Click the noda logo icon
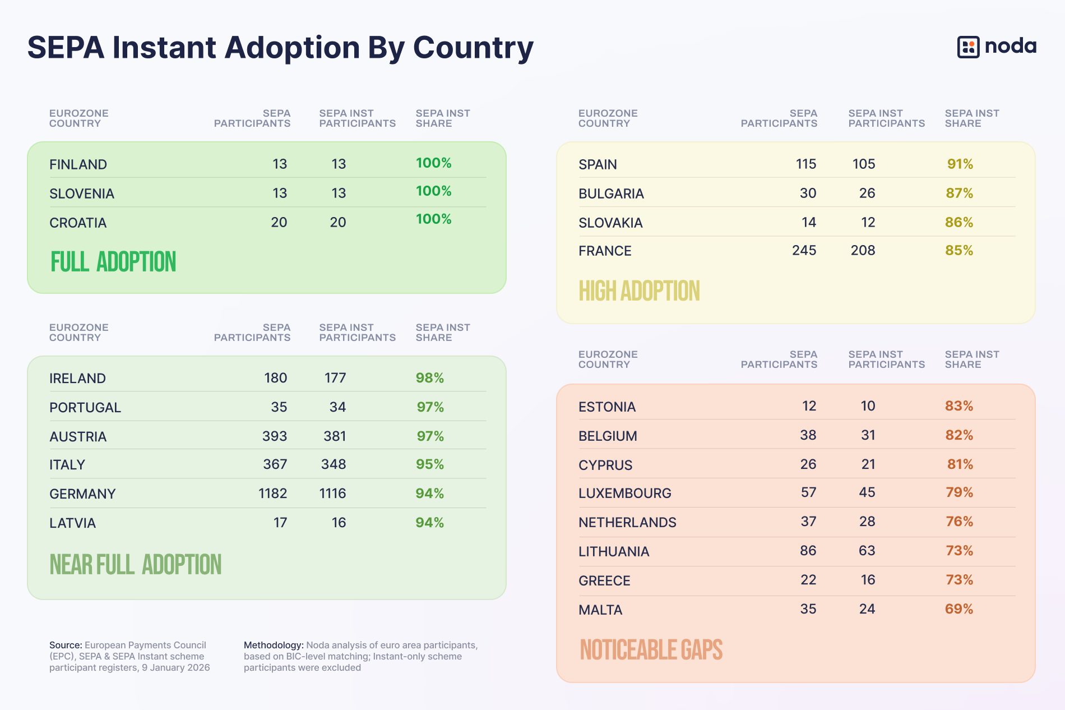968,47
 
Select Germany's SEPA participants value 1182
272,494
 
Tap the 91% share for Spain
960,164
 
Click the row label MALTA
600,610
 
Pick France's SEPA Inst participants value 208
863,251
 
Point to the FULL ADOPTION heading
113,262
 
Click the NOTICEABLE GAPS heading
651,650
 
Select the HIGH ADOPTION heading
639,291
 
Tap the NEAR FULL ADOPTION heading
136,565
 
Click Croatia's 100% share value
433,219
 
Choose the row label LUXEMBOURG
624,494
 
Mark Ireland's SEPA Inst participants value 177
335,378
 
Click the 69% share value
958,609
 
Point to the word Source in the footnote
65,646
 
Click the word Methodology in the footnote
274,646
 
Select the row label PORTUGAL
85,408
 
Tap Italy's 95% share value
430,464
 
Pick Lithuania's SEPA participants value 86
808,551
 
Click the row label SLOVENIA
82,194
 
